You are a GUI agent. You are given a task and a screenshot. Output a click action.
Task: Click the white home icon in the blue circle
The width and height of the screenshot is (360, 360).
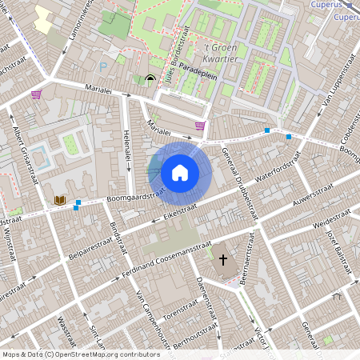(x=180, y=172)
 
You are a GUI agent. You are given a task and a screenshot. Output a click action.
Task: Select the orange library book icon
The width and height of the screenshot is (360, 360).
(x=59, y=199)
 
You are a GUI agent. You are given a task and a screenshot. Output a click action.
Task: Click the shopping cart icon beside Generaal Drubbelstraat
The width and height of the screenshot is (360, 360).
(x=199, y=126)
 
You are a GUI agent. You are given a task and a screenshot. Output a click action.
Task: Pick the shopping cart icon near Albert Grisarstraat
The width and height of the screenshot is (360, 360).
(x=36, y=94)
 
